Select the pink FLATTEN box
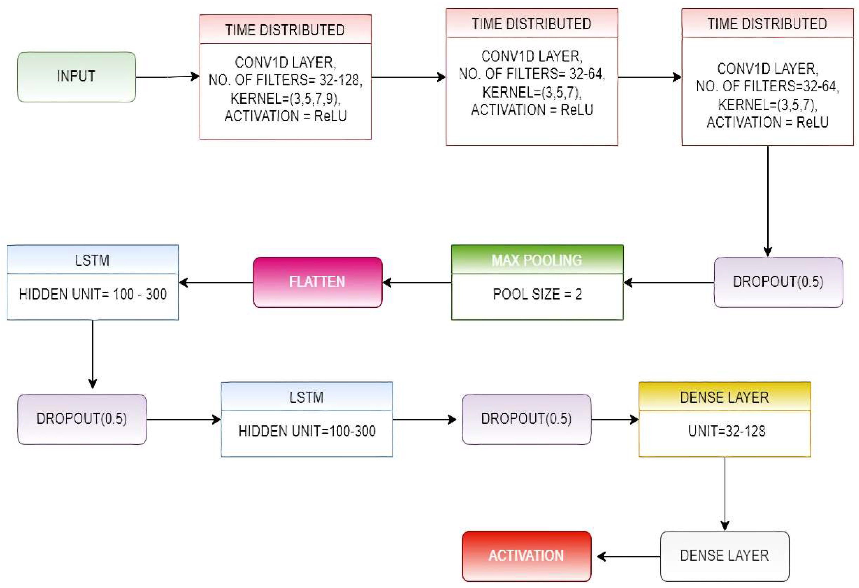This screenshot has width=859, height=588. pos(317,282)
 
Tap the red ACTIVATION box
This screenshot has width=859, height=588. pos(526,555)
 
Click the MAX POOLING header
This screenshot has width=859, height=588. pos(537,260)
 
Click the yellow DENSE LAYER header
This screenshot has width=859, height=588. pos(725,397)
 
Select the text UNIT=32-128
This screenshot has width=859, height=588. pos(726,431)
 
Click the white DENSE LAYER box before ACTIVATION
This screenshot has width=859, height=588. pos(725,555)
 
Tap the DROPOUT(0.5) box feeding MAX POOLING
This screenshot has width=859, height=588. pos(778,282)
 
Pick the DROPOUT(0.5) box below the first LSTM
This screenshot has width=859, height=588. pos(82,419)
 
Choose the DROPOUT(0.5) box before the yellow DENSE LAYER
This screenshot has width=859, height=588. pos(526,419)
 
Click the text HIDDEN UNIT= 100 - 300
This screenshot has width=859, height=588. pos(93,294)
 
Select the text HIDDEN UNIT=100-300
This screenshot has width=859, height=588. pos(307,431)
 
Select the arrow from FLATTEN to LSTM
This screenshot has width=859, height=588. pos(216,283)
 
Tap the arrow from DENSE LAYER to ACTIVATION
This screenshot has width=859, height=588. pos(628,556)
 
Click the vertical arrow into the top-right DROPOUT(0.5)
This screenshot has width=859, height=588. pos(768,201)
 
